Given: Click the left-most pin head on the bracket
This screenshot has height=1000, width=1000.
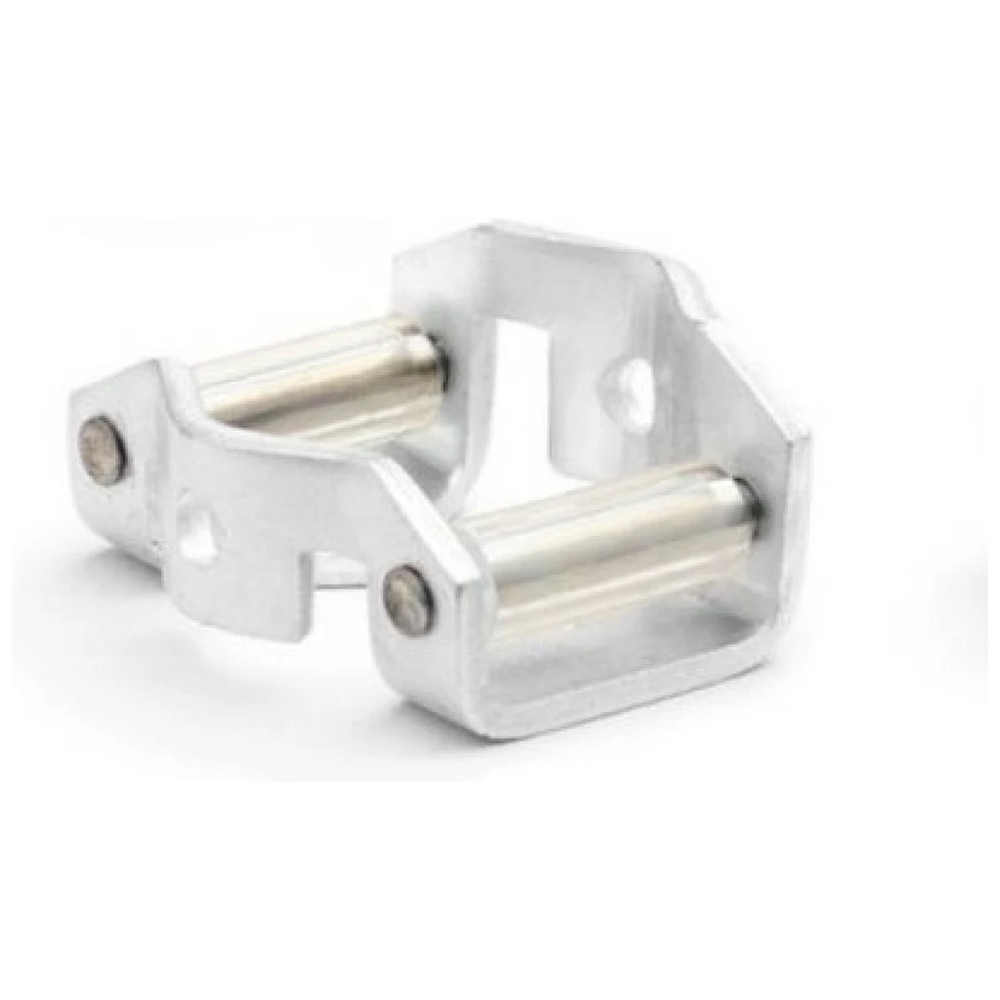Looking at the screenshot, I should [x=102, y=449].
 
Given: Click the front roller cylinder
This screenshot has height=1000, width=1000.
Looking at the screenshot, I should [x=605, y=537].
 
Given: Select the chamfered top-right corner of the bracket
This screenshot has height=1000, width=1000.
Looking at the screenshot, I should [x=688, y=273].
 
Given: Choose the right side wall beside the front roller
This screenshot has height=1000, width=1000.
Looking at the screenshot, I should [x=781, y=547].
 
